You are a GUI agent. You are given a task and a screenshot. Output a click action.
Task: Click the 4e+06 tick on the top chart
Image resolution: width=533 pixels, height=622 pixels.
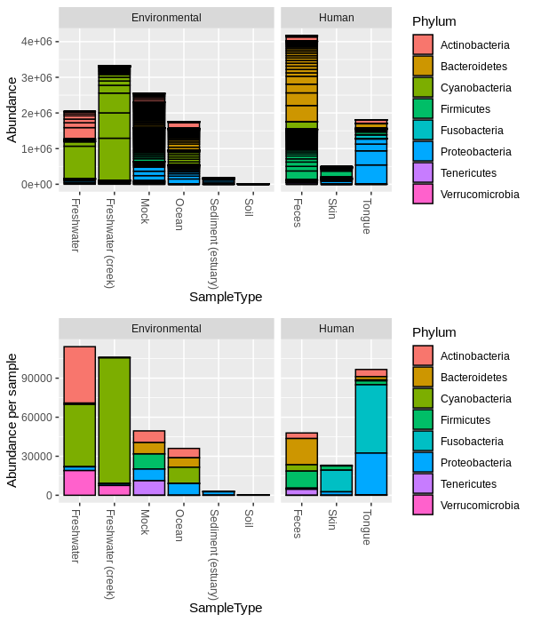coord(39,42)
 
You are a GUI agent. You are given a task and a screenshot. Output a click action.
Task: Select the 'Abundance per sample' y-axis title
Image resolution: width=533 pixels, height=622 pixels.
coord(12,419)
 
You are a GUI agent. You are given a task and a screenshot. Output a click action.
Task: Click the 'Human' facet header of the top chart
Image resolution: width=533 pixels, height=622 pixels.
coord(336,18)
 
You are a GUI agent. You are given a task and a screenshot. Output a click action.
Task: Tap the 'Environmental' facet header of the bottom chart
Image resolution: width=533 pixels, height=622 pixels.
coord(166,329)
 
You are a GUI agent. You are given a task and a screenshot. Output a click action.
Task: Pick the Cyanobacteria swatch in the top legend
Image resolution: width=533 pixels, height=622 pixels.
coord(423,88)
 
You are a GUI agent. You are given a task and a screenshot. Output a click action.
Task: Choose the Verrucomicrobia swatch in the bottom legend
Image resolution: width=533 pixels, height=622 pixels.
coord(423,506)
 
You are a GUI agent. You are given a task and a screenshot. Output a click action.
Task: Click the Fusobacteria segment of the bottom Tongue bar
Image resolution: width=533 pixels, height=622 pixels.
coord(370,419)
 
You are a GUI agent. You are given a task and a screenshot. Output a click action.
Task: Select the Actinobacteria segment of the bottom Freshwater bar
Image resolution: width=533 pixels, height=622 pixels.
coord(80,374)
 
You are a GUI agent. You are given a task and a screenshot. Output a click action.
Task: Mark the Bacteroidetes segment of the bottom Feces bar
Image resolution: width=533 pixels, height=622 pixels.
coord(301,451)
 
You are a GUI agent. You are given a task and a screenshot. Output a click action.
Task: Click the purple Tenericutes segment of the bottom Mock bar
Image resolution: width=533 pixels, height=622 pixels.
coord(148,487)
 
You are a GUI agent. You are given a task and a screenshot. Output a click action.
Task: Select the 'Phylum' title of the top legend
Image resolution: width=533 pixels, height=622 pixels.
coord(434,20)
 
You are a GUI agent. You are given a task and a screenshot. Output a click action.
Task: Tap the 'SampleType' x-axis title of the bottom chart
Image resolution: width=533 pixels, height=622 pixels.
coord(226,609)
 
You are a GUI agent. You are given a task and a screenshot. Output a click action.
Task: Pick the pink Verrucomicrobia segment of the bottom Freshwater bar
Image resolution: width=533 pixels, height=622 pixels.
coord(80,482)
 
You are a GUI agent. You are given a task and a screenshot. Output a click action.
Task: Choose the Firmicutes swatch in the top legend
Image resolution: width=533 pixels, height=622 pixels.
coord(423,109)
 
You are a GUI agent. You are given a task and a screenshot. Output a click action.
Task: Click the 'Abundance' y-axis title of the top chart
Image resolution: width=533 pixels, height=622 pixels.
coord(12,108)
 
